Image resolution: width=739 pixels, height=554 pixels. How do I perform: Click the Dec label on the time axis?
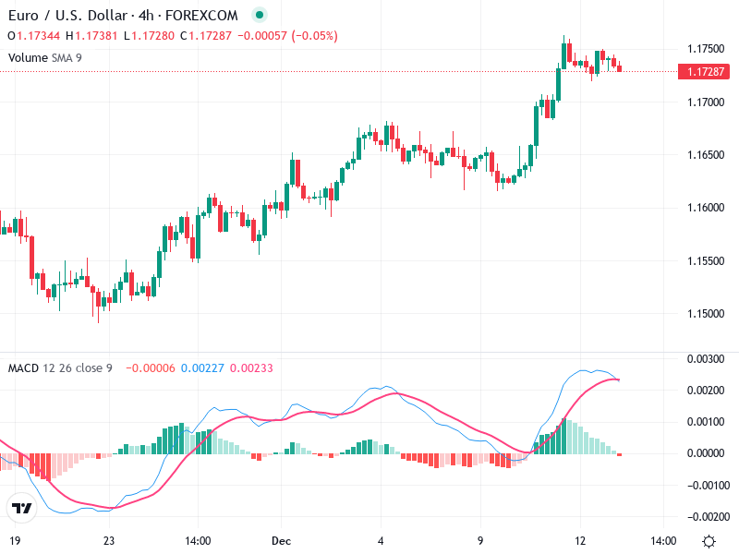pos(282,540)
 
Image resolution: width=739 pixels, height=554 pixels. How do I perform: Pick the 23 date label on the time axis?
pos(109,540)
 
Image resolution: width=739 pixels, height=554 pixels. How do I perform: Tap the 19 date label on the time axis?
pos(14,540)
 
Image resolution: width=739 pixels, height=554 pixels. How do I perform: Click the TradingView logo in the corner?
pos(21,508)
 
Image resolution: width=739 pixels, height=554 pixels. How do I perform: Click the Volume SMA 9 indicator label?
pos(45,57)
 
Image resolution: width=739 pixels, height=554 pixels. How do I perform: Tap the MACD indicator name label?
pos(23,368)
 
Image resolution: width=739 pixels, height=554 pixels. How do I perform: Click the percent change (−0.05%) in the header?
pos(315,36)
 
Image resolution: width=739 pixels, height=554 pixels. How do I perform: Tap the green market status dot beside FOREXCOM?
pos(260,16)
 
